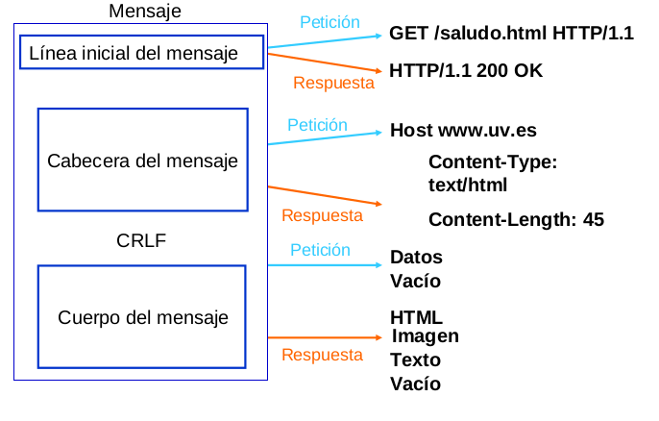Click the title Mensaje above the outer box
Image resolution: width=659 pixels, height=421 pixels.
point(144,12)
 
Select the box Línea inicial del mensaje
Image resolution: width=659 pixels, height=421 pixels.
point(141,53)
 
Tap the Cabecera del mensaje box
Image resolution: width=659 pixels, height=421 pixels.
point(142,160)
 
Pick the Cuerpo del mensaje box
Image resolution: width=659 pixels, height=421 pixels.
point(142,316)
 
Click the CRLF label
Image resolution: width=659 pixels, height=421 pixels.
point(141,240)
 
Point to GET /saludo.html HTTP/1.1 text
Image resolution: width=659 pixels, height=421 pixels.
point(511,34)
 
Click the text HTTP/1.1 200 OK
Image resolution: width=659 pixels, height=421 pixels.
point(466,70)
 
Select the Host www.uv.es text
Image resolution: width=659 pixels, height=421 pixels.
point(463,131)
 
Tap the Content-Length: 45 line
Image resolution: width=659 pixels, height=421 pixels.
point(516,219)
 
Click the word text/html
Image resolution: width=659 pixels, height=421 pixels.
point(467,185)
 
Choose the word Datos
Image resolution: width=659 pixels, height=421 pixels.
point(416,257)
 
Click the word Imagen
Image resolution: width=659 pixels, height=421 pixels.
point(426,335)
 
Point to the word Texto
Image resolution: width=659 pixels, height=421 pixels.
point(415,360)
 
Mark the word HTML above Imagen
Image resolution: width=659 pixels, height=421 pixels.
point(416,316)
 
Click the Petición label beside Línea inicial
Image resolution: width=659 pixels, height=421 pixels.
point(329,21)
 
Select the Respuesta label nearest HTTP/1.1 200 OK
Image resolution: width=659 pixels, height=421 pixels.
point(333,83)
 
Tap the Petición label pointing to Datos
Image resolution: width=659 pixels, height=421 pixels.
point(321,249)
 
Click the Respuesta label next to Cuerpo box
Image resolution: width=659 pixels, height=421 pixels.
point(322,355)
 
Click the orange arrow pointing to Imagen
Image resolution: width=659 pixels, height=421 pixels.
point(327,337)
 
